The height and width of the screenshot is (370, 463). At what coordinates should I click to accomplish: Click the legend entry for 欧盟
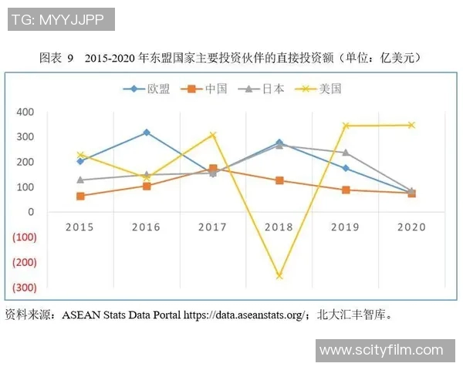[x=150, y=89]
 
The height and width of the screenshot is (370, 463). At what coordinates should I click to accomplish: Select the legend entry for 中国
[x=206, y=89]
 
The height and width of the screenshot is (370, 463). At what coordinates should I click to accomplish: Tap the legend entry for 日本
[x=265, y=89]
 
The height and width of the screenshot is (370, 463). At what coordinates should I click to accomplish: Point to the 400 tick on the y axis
[x=25, y=112]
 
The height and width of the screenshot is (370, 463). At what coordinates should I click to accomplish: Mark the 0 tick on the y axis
[x=30, y=212]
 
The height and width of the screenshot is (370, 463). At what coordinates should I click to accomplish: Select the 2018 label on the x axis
[x=279, y=227]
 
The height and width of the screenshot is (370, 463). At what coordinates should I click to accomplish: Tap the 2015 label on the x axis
[x=80, y=227]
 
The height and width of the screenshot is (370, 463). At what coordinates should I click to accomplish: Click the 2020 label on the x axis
[x=411, y=227]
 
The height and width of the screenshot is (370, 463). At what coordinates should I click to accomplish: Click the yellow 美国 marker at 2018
[x=279, y=275]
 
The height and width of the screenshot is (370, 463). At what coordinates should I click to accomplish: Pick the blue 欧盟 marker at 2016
[x=147, y=133]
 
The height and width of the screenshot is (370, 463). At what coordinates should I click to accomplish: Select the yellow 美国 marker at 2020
[x=411, y=125]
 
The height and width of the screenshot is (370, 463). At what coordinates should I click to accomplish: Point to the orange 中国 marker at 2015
[x=80, y=196]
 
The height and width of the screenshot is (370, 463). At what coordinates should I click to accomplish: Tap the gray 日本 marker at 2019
[x=345, y=153]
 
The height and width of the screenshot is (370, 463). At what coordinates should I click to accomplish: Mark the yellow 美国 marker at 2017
[x=213, y=135]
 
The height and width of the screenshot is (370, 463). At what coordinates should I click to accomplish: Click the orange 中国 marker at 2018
[x=279, y=180]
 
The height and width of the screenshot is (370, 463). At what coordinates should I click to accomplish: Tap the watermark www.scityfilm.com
[x=381, y=350]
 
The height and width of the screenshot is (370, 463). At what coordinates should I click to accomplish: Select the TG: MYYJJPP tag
[x=61, y=19]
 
